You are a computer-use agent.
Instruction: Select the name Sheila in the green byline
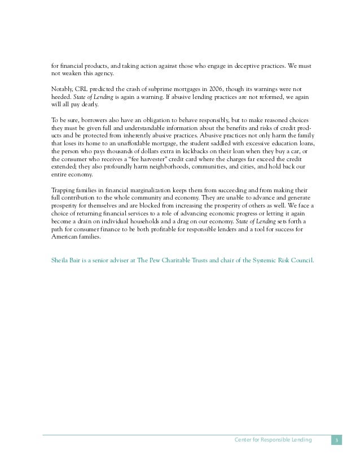click(x=61, y=261)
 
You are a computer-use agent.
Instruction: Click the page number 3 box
click(x=336, y=439)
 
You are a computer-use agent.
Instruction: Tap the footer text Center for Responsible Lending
click(x=272, y=439)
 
